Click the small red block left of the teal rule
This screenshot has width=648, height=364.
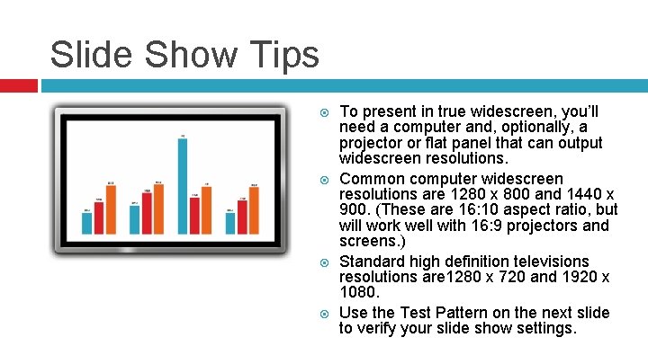point(18,85)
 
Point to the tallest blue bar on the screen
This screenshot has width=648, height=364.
point(183,185)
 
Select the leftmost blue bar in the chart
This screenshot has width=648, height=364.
point(87,223)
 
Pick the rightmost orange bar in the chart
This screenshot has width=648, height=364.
point(254,210)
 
